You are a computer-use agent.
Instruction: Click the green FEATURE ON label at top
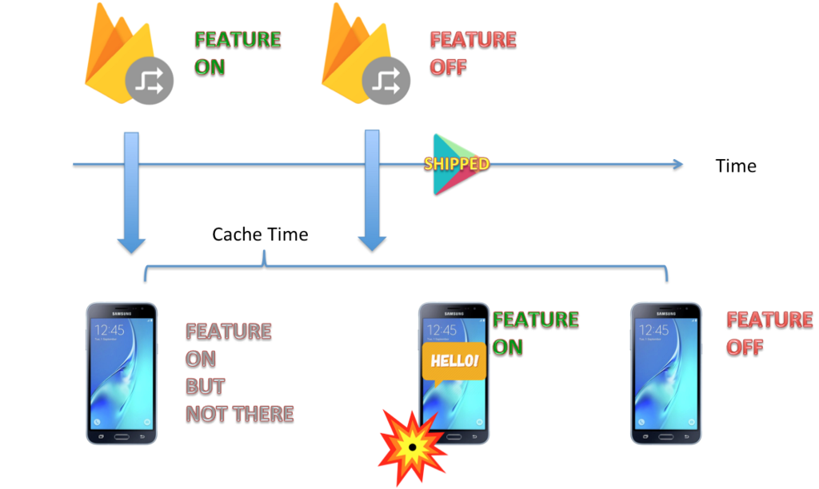tap(238, 53)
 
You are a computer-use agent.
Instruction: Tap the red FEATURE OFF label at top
tap(473, 53)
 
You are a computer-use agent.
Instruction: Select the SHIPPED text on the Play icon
tap(456, 164)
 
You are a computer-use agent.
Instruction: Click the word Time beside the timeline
tap(736, 166)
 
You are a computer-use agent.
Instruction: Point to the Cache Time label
tap(260, 235)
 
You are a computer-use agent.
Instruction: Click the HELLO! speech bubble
tap(454, 361)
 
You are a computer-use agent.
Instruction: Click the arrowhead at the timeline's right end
tap(677, 165)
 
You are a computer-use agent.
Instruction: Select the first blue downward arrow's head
tap(131, 244)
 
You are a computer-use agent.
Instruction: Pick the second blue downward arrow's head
tap(371, 243)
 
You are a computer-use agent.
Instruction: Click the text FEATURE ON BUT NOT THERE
tap(239, 372)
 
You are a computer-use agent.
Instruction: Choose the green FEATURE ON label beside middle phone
tap(535, 333)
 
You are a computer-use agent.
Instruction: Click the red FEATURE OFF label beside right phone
tap(769, 333)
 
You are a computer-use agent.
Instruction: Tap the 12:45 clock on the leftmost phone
tap(110, 330)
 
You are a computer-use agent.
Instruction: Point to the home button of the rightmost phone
tap(665, 436)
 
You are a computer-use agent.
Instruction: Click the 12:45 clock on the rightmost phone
tap(653, 330)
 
